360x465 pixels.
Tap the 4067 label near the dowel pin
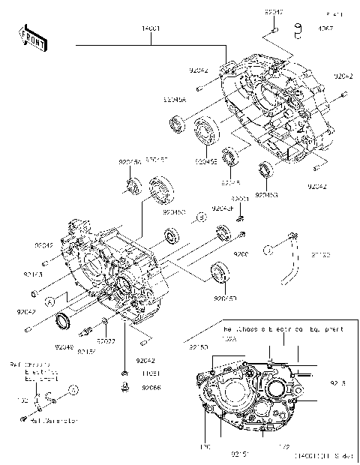pos(326,29)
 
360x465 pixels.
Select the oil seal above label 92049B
pos(265,169)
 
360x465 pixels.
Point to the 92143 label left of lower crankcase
pos(43,274)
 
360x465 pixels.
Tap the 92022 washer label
pos(106,341)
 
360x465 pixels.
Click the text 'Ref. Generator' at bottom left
pos(54,421)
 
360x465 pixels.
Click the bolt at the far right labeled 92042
pos(343,94)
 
